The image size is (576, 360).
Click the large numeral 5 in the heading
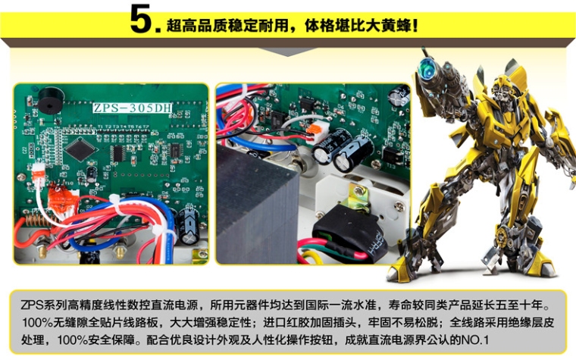140,19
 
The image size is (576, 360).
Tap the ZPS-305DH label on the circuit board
132,108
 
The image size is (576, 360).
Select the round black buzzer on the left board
51,100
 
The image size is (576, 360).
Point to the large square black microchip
81,148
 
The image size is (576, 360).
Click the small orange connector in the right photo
313,129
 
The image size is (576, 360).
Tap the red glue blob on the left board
61,199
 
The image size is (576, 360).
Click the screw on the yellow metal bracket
359,191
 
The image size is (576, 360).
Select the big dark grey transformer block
257,205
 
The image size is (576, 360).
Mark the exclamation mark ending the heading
415,26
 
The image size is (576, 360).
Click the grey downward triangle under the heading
288,52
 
